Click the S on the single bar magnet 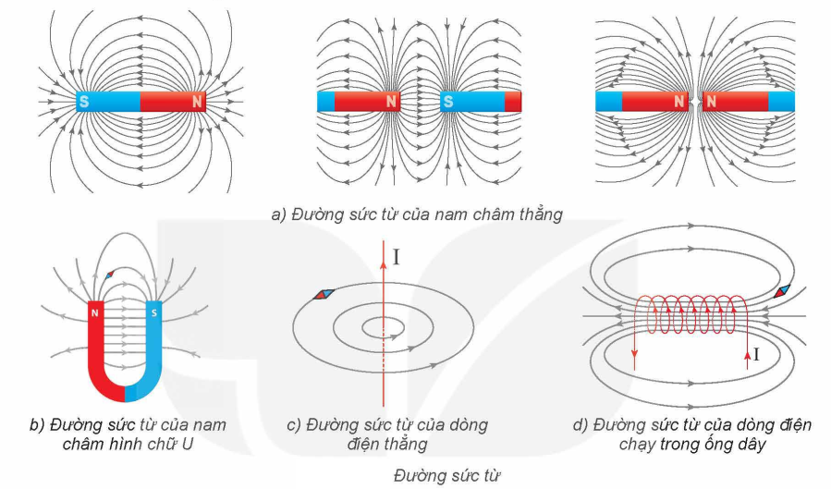click(84, 100)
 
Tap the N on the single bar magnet click(196, 101)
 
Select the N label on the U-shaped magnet click(95, 312)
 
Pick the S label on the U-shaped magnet click(153, 312)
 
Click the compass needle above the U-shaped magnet click(111, 274)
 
